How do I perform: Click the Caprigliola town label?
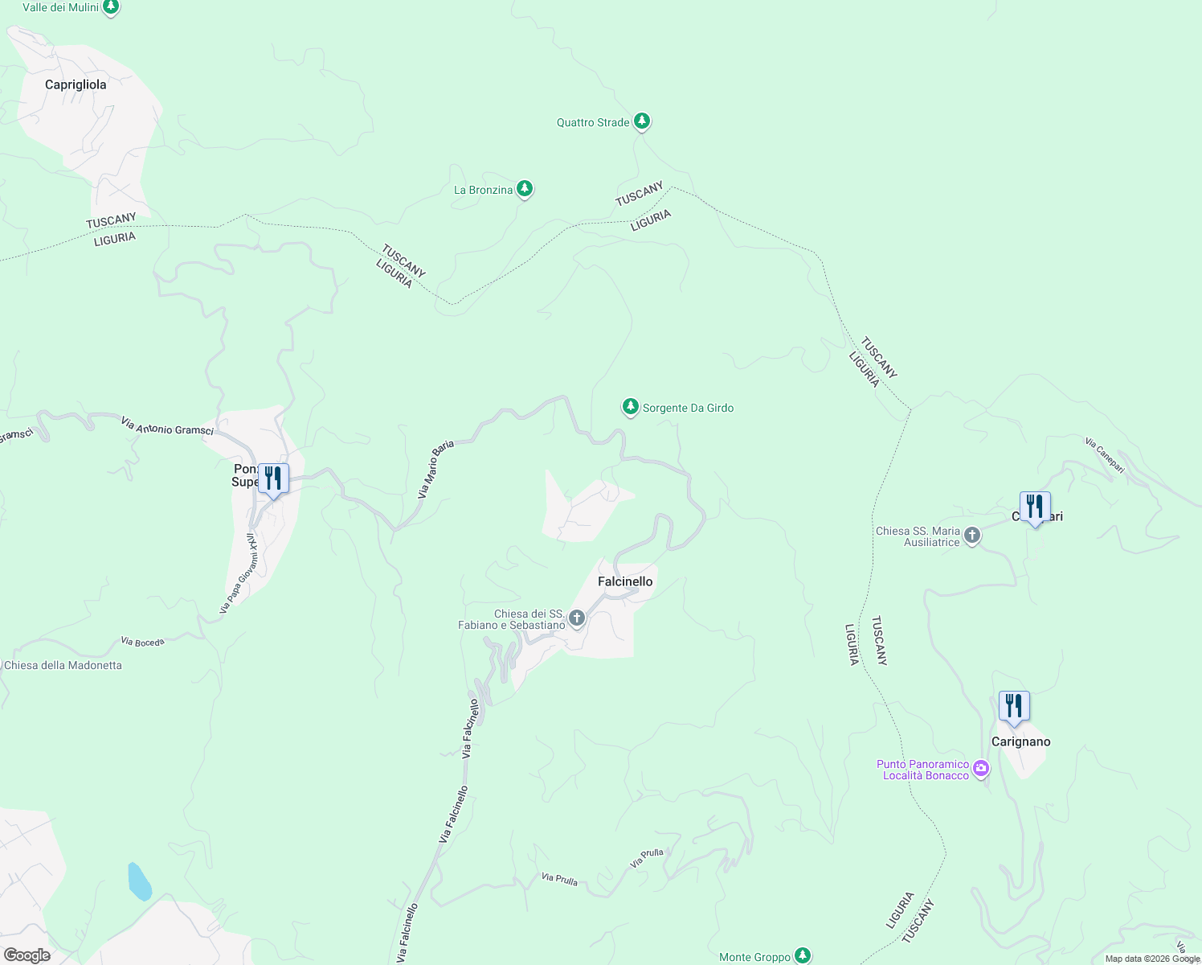pyautogui.click(x=76, y=84)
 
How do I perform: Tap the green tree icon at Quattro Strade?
pyautogui.click(x=641, y=121)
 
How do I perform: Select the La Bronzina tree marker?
pyautogui.click(x=525, y=189)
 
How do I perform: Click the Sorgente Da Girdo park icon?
pyautogui.click(x=631, y=407)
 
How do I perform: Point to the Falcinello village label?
pyautogui.click(x=625, y=581)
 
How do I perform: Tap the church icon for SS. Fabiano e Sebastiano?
pyautogui.click(x=576, y=618)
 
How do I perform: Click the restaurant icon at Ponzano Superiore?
pyautogui.click(x=273, y=478)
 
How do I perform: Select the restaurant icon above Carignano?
pyautogui.click(x=1014, y=706)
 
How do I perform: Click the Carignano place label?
pyautogui.click(x=1020, y=741)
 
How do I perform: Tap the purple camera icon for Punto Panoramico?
pyautogui.click(x=981, y=769)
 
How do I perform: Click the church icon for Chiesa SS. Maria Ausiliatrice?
pyautogui.click(x=972, y=536)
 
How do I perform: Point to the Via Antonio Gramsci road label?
pyautogui.click(x=167, y=426)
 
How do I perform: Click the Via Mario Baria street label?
pyautogui.click(x=435, y=470)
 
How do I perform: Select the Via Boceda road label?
pyautogui.click(x=143, y=642)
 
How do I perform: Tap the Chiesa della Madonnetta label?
pyautogui.click(x=63, y=665)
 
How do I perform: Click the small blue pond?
pyautogui.click(x=139, y=881)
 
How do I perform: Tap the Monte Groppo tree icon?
pyautogui.click(x=803, y=955)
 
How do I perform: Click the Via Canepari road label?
pyautogui.click(x=1104, y=454)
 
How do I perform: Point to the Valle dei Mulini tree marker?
pyautogui.click(x=111, y=8)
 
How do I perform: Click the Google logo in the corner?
pyautogui.click(x=27, y=955)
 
